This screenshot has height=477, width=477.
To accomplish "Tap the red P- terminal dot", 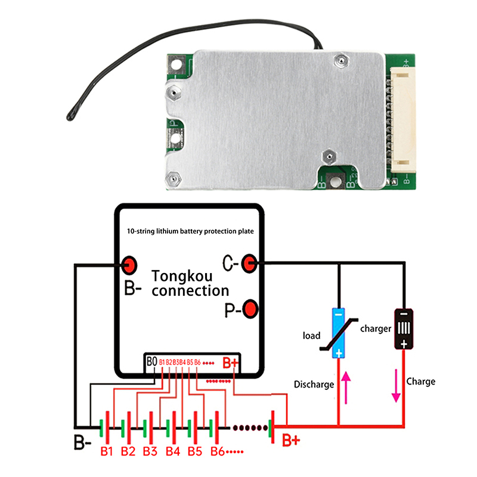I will (x=250, y=308).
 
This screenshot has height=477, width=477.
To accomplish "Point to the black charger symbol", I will (x=404, y=329).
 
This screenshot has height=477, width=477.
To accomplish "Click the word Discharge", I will (x=314, y=385).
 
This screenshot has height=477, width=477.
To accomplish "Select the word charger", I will (x=376, y=329).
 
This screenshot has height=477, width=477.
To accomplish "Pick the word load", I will (x=311, y=336).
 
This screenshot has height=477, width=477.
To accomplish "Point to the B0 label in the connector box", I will (x=151, y=361).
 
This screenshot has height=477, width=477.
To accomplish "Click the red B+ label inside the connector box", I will (x=230, y=363).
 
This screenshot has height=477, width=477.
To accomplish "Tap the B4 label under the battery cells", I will (x=173, y=451).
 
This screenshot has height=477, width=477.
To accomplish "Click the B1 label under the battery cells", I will (x=107, y=451).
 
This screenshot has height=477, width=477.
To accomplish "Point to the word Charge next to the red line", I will (x=420, y=382).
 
